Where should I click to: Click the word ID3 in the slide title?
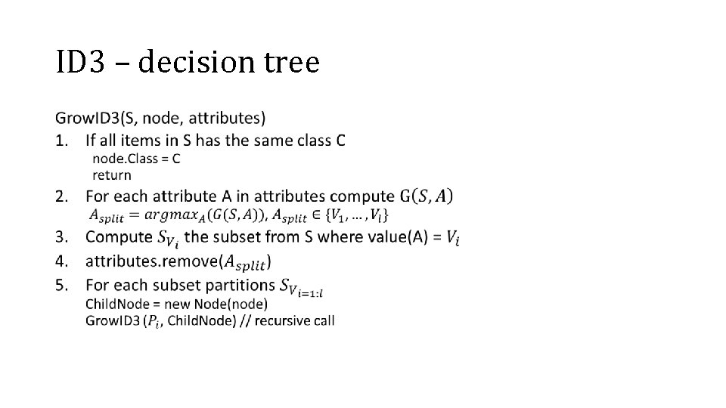tap(79, 62)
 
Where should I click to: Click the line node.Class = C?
tap(136, 159)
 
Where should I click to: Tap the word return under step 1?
tap(111, 175)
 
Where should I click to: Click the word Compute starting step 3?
tap(119, 236)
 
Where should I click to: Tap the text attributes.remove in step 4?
tap(150, 261)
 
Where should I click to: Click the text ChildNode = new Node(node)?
tap(176, 304)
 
